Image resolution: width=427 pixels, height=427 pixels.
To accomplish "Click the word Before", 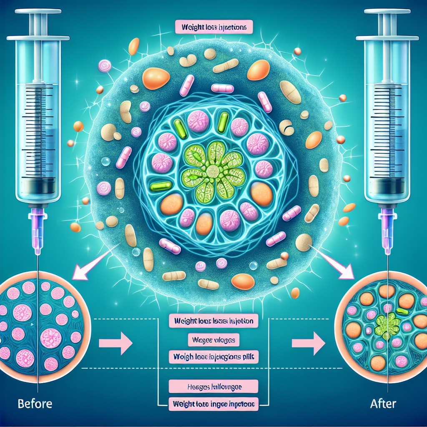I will click(x=35, y=404).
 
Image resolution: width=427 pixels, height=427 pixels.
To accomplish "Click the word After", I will click(x=383, y=404).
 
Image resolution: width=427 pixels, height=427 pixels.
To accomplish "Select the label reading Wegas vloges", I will click(x=213, y=340).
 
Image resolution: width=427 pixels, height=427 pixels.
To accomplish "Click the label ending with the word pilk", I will click(x=213, y=357).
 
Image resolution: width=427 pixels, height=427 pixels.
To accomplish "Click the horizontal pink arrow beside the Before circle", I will click(x=115, y=343).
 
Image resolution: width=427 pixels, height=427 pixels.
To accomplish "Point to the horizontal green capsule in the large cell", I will click(x=160, y=186).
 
